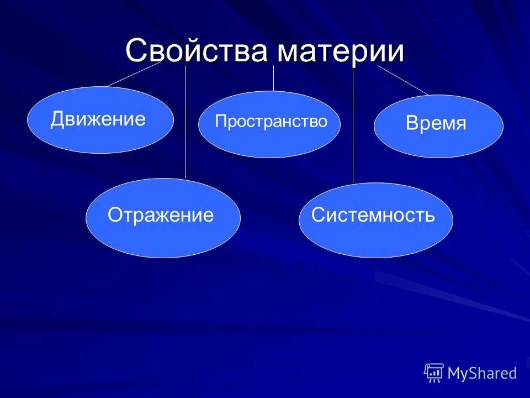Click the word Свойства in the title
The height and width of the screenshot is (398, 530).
point(196,51)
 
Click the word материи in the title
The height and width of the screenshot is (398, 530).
point(341,51)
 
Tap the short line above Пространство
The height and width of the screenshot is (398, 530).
point(273,78)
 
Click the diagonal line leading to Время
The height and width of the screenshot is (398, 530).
point(403,80)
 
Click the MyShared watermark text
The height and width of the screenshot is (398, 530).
point(482,373)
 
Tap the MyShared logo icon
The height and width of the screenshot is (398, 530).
point(434,373)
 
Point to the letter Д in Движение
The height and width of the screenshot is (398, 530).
point(58,120)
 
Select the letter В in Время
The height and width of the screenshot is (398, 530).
point(412,124)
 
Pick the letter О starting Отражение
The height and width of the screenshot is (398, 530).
point(115,214)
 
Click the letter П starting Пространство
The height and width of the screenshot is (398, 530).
point(220,122)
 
